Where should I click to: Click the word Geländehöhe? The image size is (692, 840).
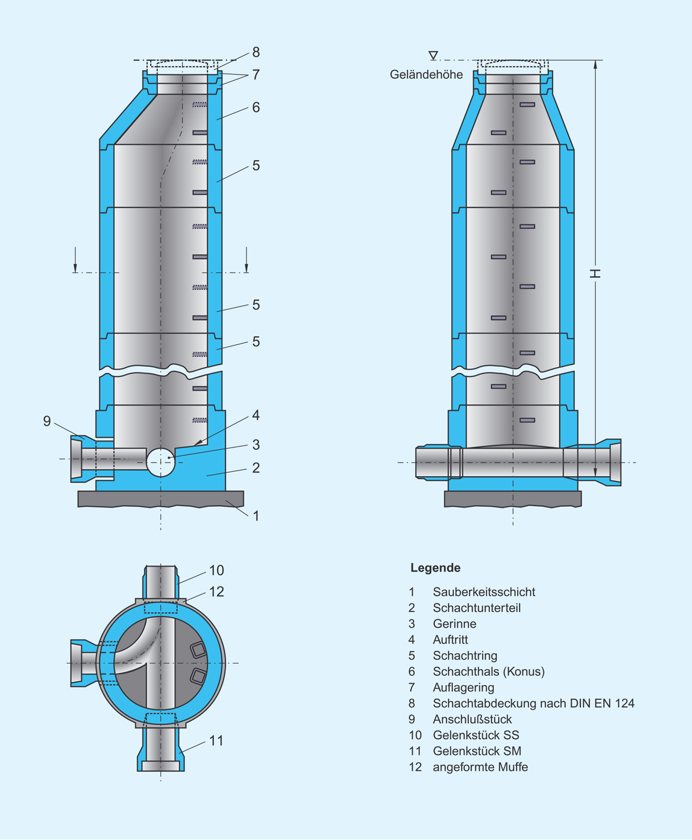tap(426, 75)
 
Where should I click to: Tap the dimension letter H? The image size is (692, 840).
tap(595, 273)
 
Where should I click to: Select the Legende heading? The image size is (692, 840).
tap(435, 568)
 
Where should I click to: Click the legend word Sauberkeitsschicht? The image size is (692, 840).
tap(484, 592)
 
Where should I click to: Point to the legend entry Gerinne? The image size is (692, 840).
tap(454, 624)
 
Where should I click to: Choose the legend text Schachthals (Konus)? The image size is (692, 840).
tap(489, 672)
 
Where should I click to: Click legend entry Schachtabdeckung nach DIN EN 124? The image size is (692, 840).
tap(533, 704)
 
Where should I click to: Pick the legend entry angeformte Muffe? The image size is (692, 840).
tap(480, 767)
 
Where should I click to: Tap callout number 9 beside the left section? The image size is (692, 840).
tap(47, 421)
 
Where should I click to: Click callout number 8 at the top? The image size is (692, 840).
tap(256, 52)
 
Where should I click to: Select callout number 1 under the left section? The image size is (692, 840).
tap(256, 516)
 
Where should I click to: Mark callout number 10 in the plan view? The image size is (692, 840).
tap(216, 570)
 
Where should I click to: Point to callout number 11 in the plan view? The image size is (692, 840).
tap(216, 741)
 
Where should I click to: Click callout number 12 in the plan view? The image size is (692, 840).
tap(216, 592)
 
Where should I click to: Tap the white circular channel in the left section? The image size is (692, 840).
tap(161, 462)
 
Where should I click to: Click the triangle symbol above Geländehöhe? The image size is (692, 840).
tap(433, 55)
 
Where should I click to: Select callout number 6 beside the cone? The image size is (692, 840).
tap(256, 107)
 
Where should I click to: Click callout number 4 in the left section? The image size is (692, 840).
tap(256, 415)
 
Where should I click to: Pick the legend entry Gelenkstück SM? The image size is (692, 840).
tap(477, 751)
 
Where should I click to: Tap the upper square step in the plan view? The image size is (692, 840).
tap(198, 650)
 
